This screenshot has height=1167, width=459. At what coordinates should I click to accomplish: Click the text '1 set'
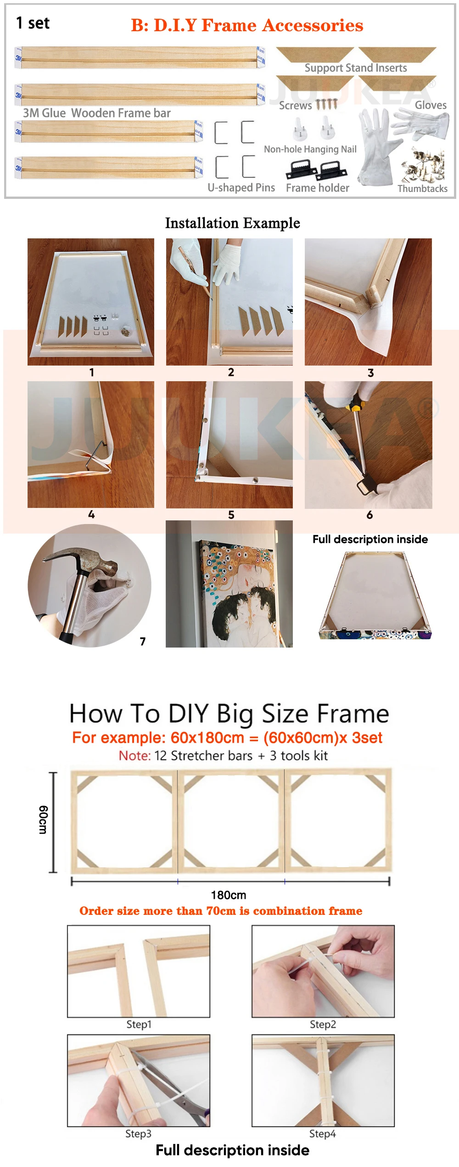point(33,23)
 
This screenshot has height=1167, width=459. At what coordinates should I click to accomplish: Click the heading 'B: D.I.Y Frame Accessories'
point(247,25)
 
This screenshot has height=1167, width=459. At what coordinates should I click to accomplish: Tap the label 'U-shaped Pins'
point(241,187)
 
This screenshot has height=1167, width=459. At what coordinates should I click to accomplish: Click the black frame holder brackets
point(316,170)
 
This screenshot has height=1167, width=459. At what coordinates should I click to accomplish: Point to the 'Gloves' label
point(431,105)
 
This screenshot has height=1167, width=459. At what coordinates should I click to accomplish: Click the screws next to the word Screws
point(327,104)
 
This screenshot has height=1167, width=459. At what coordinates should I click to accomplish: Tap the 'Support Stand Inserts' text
point(356,68)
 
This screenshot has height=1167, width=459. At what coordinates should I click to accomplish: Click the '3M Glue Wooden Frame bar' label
point(97,113)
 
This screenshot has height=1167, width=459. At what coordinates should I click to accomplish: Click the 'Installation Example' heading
point(232,223)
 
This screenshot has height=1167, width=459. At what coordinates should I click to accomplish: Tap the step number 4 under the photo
point(91,514)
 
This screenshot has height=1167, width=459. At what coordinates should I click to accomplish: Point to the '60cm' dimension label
point(43,820)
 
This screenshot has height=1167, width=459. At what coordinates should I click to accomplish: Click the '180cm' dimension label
point(229,895)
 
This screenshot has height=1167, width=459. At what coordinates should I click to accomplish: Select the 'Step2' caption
point(323,1024)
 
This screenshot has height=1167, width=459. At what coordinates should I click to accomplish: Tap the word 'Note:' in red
point(134,756)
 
